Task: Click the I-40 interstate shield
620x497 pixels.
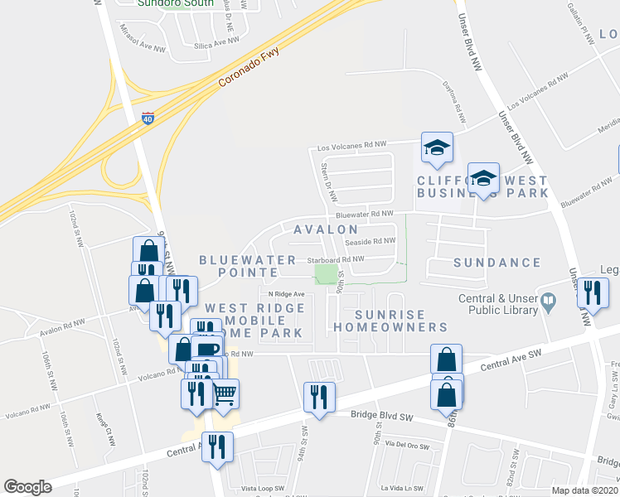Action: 148,118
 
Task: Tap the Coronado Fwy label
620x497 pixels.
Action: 249,69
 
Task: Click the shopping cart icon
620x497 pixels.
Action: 225,393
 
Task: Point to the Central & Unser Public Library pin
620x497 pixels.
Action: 548,303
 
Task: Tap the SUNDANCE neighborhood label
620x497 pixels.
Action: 497,263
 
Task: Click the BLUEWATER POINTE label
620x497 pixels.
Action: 237,266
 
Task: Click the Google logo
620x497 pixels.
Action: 27,486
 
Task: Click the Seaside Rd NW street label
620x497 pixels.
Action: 371,242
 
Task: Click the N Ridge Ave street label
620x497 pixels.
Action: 287,294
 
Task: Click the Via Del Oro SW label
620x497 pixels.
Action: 406,446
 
